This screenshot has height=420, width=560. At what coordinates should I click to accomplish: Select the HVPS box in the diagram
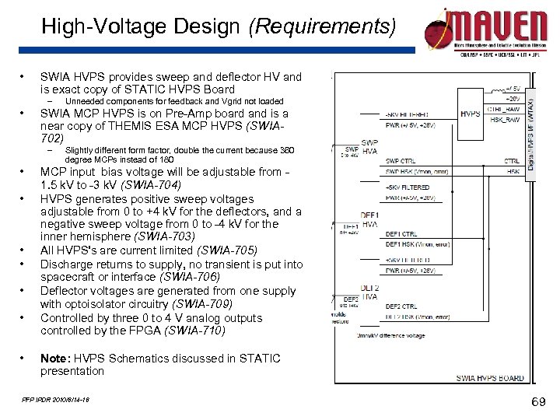pyautogui.click(x=471, y=114)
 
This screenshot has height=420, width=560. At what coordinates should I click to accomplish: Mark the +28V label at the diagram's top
pyautogui.click(x=513, y=99)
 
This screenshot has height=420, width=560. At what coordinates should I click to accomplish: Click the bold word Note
pyautogui.click(x=54, y=358)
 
